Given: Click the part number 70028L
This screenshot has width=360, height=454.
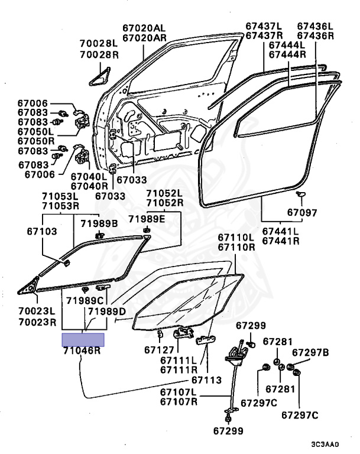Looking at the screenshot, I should click(99, 43).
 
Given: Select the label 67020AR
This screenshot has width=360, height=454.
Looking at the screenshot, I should click(144, 37).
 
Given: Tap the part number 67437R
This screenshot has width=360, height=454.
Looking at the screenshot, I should click(265, 35).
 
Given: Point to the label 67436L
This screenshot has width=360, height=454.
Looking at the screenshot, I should click(315, 26).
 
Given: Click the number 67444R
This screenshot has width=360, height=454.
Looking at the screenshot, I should click(287, 54).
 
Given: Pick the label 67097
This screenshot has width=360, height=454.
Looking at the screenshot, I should click(302, 213).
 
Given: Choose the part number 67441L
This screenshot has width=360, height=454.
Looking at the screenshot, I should click(281, 231).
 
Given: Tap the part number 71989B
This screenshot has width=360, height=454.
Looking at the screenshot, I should click(99, 222).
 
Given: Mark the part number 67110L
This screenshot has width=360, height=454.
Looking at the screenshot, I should click(235, 238).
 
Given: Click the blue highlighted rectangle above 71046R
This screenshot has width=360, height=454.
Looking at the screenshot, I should click(83, 339).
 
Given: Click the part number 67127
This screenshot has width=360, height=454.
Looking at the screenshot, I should click(157, 349).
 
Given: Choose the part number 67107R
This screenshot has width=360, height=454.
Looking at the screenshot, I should click(178, 402).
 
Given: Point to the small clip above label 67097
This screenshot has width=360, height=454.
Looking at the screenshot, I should click(301, 194).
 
